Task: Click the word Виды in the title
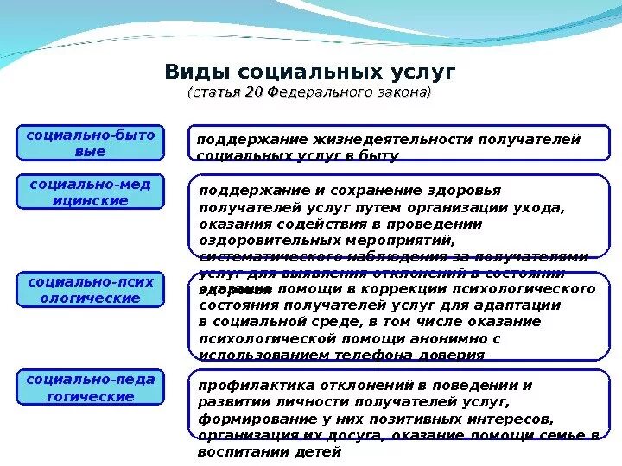(198, 71)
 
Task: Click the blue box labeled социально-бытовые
(90, 143)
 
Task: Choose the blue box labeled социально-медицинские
(90, 192)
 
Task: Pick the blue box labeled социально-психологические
(90, 290)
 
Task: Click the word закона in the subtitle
(403, 92)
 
